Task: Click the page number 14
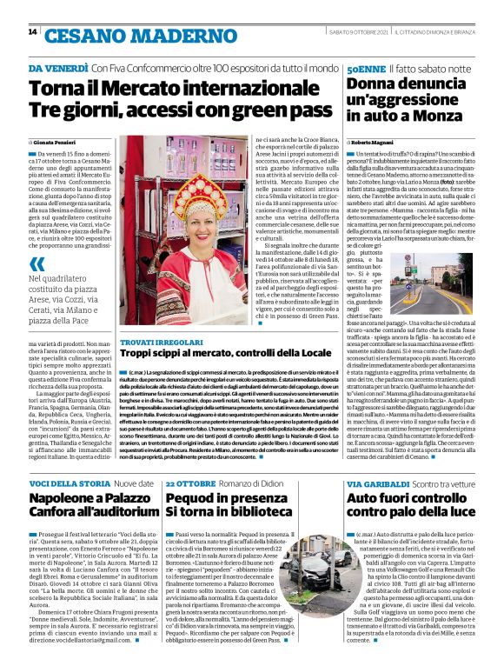(32, 32)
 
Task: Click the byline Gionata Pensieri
(57, 141)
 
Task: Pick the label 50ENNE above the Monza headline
(366, 68)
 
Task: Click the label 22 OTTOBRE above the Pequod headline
(192, 483)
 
